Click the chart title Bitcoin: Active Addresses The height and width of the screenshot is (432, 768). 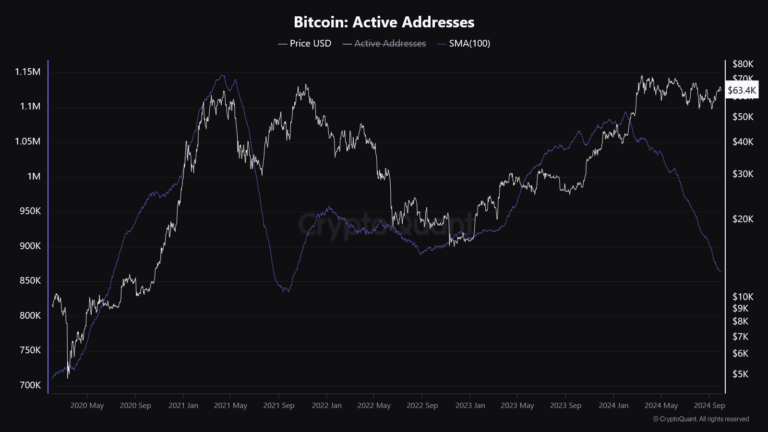tap(384, 22)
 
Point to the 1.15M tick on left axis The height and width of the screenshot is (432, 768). tap(27, 72)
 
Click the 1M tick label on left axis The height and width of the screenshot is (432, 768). tap(34, 176)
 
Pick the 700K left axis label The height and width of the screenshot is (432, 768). tap(30, 385)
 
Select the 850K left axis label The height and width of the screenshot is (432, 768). tap(30, 280)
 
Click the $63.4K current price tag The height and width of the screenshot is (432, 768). tap(742, 90)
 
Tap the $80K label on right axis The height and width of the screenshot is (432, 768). tap(743, 64)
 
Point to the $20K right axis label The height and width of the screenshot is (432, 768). tap(743, 219)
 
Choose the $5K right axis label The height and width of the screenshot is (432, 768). tap(740, 374)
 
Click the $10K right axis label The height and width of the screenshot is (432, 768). tap(743, 297)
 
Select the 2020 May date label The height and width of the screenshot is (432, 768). tap(87, 406)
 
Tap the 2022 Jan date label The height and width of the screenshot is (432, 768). tap(326, 406)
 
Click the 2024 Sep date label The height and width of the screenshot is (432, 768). tap(709, 406)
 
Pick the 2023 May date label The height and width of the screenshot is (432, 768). tap(517, 406)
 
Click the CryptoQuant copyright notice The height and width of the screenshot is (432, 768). tap(701, 419)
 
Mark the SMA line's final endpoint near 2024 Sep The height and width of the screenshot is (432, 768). tap(720, 272)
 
